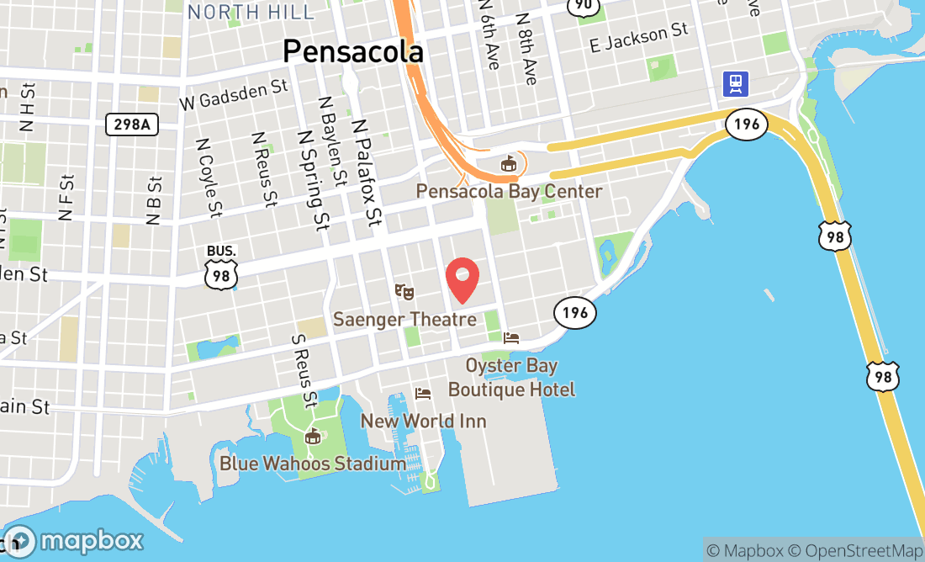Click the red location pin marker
pos(462,279)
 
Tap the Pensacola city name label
pos(352,51)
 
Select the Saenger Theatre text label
pos(404,320)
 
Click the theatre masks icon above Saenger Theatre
pos(404,292)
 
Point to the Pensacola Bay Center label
pos(509,191)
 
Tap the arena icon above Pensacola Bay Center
pos(508,163)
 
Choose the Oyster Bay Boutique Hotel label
pos(511,378)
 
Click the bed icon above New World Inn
pos(423,394)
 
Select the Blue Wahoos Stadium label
pos(313,464)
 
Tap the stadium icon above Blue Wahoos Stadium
pos(313,436)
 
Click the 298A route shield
pos(132,125)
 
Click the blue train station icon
pos(736,82)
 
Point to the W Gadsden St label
pos(234,95)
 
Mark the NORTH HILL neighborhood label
pos(251,12)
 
